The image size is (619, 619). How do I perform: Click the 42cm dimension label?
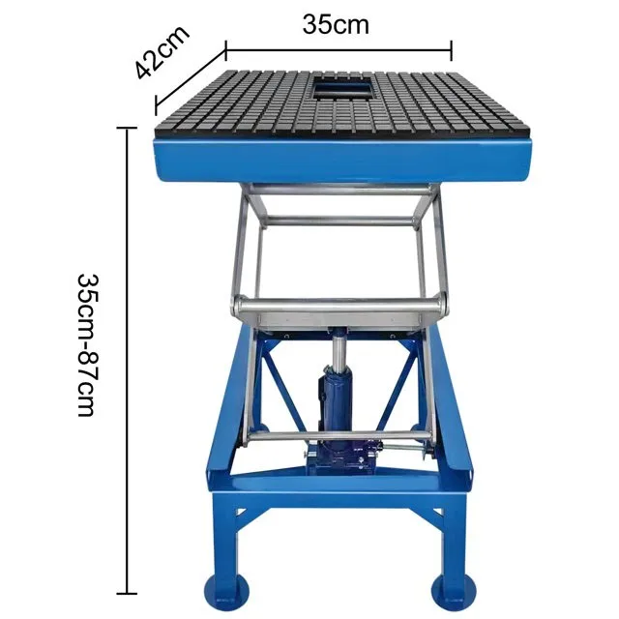tap(161, 54)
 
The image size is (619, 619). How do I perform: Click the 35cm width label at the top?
tap(336, 24)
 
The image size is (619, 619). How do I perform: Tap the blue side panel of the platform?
tap(343, 160)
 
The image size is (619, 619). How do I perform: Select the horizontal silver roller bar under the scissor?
tap(339, 308)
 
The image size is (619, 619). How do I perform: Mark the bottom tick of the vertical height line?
tap(127, 593)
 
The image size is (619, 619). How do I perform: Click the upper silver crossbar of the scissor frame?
tap(339, 221)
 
